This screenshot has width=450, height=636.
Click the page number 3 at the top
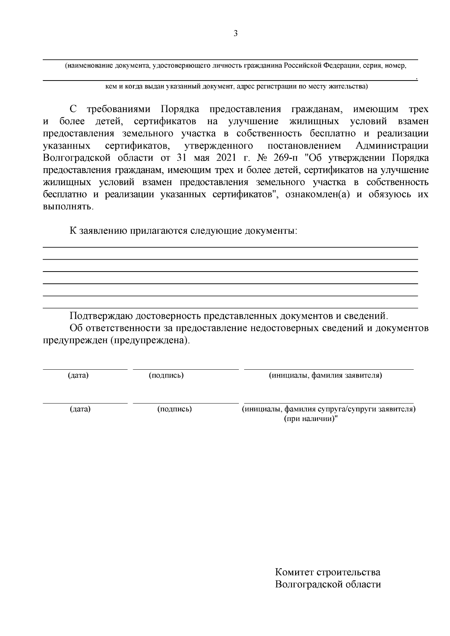coord(235,34)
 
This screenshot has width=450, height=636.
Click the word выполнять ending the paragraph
coord(67,207)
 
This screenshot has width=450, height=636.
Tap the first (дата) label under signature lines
coord(78,375)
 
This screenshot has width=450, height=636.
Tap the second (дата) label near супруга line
coord(80,409)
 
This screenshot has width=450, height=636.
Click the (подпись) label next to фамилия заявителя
coord(166,375)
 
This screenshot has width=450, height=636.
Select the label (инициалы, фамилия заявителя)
coord(325,375)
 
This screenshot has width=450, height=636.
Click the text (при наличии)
coord(311,419)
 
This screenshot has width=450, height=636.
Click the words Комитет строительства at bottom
coord(327,572)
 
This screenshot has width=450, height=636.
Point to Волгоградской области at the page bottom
coord(328,584)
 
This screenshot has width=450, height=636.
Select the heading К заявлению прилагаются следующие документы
coord(183,231)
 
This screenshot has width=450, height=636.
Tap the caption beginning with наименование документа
coord(235,66)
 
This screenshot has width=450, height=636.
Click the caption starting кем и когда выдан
coord(236,87)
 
